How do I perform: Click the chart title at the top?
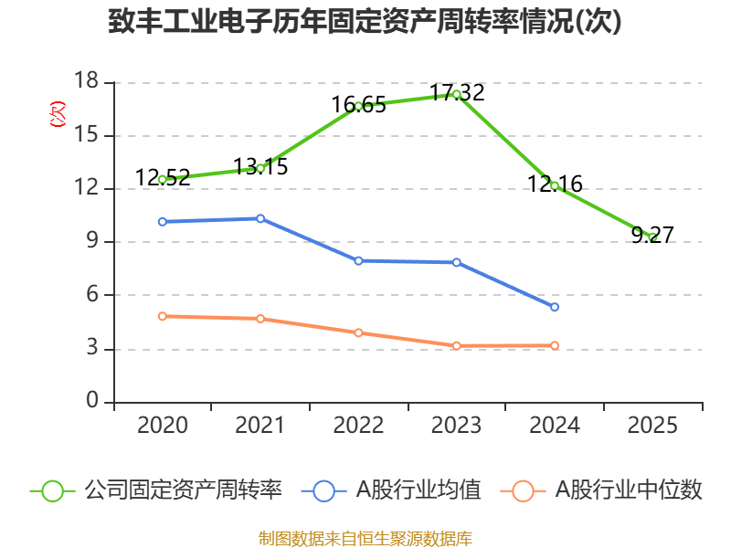point(365,21)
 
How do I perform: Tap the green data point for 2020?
point(163,180)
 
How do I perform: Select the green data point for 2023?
point(457,94)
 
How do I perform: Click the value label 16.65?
point(358,105)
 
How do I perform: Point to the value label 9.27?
point(652,236)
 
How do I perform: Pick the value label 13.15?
point(260,167)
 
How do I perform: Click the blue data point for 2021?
point(260,218)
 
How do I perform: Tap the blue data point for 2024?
point(555,307)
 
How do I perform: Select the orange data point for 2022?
point(359,332)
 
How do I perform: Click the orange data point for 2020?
point(163,316)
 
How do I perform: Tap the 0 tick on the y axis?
point(92,402)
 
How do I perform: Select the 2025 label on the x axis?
point(652,426)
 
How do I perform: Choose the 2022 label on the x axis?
point(358,426)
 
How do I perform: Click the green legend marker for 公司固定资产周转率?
point(52,490)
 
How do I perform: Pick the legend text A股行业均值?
point(418,490)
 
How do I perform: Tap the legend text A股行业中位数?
point(630,490)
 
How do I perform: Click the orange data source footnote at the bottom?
point(365,538)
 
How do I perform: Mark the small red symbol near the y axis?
point(58,114)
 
